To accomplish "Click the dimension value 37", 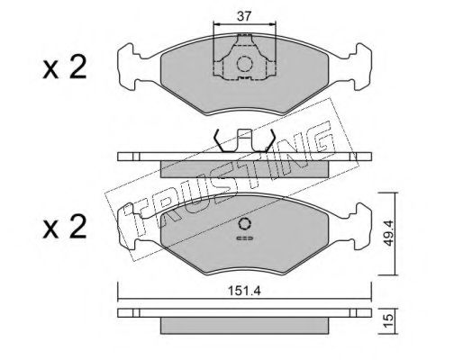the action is point(243,16).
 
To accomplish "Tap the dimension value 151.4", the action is point(244,291).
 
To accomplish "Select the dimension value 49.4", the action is point(388,232).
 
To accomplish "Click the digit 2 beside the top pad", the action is point(77,67).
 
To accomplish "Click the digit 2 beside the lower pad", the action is point(77,227).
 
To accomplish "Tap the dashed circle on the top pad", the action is point(244,64).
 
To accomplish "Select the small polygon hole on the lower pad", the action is point(244,224).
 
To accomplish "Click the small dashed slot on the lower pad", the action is point(245,238).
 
